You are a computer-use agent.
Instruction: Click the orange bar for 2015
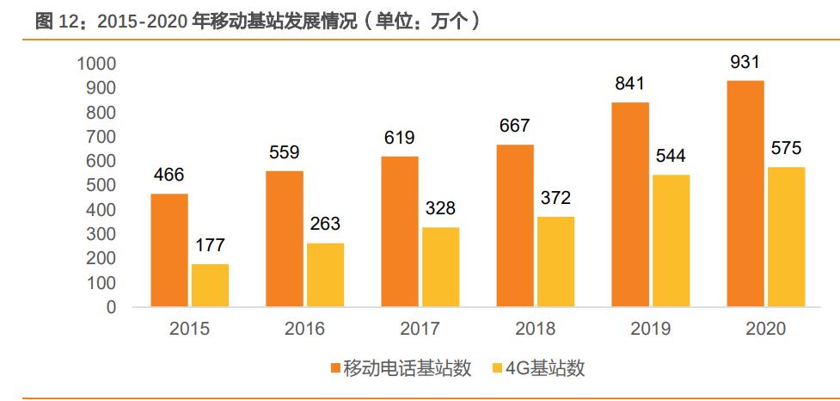(169, 250)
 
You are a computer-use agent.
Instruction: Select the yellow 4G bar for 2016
(325, 275)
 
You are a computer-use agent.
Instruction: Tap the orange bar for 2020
(745, 194)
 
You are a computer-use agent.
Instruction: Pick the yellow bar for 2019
(671, 241)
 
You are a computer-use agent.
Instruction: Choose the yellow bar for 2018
(555, 262)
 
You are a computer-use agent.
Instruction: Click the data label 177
(210, 246)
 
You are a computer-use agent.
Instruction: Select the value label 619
(399, 138)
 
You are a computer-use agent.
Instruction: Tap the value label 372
(555, 199)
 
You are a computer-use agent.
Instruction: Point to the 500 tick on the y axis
(102, 185)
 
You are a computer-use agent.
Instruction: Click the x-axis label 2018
(536, 329)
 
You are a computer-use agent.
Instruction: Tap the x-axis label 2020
(766, 329)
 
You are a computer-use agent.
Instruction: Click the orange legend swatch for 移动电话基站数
(334, 368)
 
